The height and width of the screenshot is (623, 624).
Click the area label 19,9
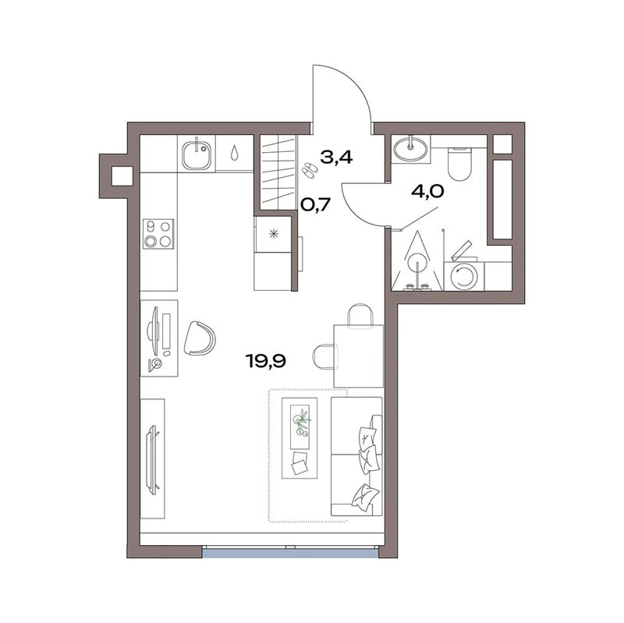pos(266,361)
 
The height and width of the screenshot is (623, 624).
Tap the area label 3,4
pos(336,158)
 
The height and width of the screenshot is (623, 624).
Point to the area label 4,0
pos(427,192)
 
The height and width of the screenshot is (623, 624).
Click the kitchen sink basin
pos(197,154)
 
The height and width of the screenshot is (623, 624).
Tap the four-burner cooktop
pos(158,234)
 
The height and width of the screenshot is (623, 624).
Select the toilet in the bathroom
pos(459,164)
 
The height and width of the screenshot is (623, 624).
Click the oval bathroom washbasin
pos(410,148)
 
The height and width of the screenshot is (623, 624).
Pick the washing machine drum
pos(463,277)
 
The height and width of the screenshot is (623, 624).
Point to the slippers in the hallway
pos(308,170)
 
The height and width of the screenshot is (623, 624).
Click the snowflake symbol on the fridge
pos(274,234)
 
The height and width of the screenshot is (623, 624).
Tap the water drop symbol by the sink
pos(235,152)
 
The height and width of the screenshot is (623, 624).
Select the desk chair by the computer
pos(200,338)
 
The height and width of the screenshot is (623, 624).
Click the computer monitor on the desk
pos(153,330)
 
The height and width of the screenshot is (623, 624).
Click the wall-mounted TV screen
pos(152,460)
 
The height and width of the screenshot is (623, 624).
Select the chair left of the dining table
pos(323,357)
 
